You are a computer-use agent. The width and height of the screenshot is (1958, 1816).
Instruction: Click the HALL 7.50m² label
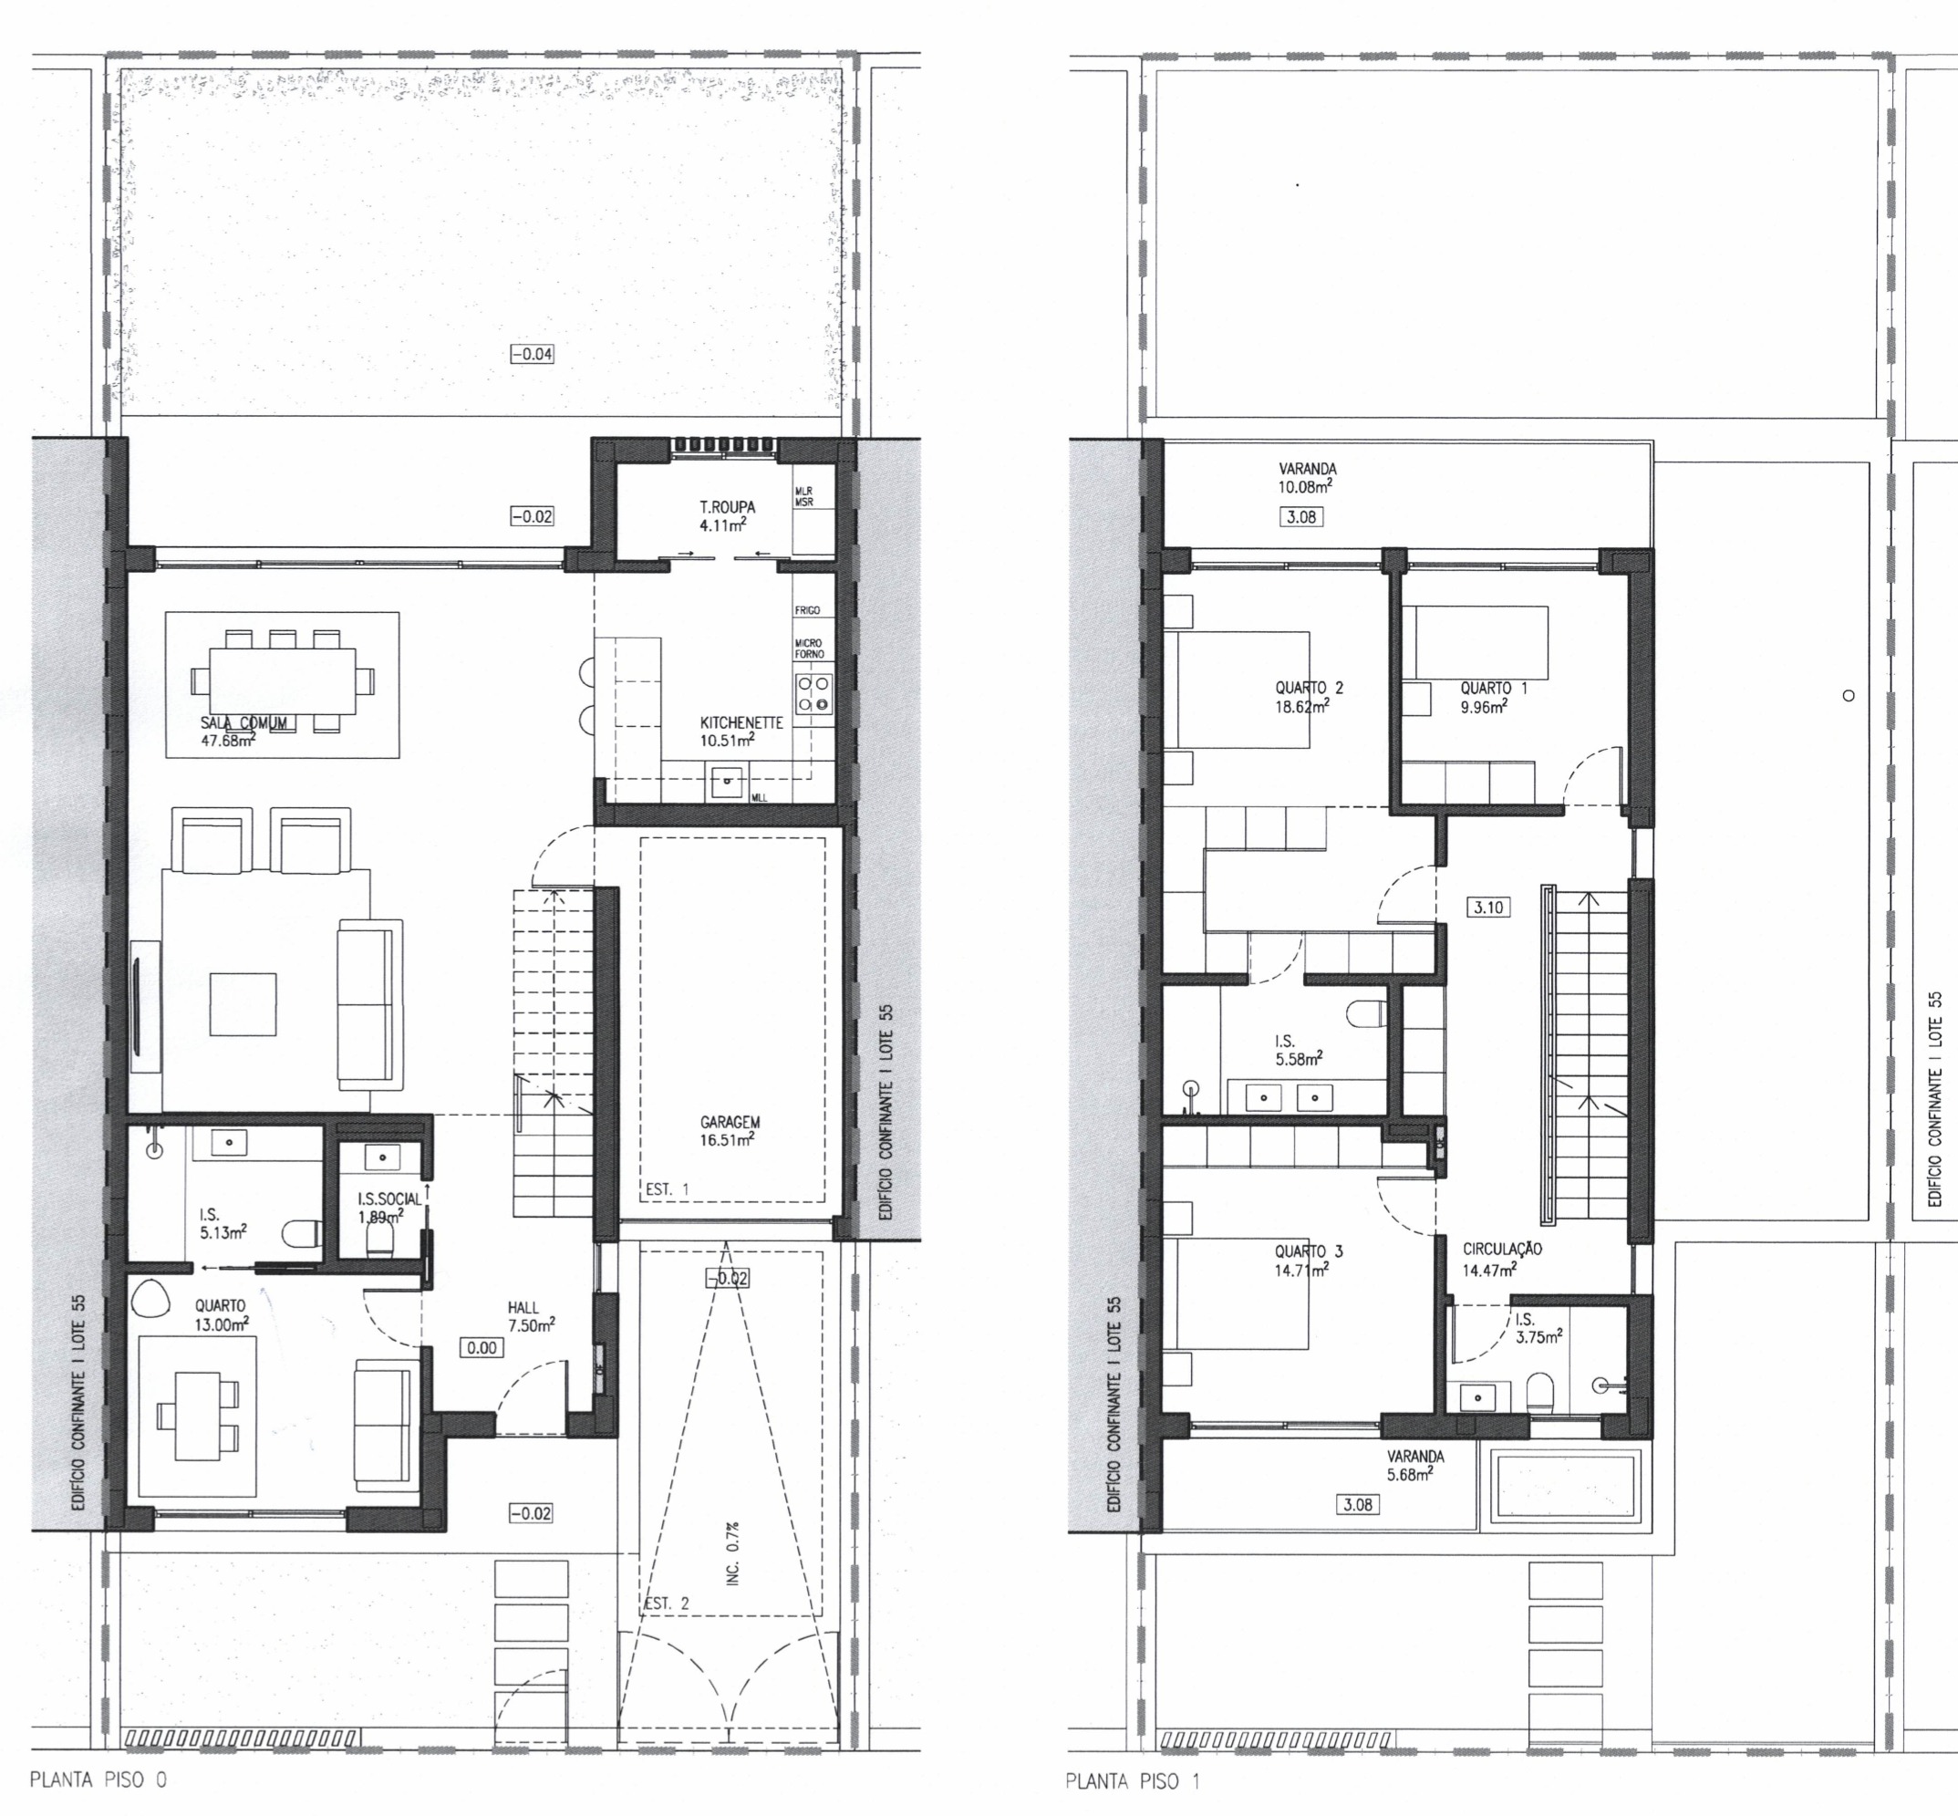532,1316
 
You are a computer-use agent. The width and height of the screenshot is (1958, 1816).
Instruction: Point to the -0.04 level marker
532,354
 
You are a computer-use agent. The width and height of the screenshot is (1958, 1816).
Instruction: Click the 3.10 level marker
1488,907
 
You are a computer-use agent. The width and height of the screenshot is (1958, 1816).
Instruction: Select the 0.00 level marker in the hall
482,1348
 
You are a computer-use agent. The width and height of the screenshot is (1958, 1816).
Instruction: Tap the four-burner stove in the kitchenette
813,693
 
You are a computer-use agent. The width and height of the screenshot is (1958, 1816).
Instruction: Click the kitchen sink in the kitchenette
728,783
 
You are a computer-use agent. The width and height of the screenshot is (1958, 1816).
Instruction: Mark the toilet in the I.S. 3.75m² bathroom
1539,1392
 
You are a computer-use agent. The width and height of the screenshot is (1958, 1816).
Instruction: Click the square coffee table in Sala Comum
243,1004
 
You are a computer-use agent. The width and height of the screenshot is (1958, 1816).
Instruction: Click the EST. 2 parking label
666,1603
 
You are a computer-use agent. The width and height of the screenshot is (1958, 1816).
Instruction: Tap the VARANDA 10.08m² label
1306,478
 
